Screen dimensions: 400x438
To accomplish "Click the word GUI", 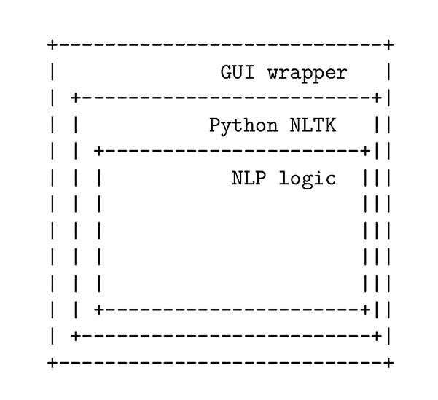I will point(238,73).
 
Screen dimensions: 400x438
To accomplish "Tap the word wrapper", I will point(307,73).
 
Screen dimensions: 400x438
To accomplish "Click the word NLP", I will point(249,178).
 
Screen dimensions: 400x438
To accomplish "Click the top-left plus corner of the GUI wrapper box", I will point(52,45).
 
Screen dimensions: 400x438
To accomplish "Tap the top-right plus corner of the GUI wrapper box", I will point(389,45).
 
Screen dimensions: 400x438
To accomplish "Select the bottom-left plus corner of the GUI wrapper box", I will point(52,362).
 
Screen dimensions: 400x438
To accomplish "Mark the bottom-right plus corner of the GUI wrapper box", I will point(389,362).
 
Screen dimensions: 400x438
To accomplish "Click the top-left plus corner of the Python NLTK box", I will point(75,98).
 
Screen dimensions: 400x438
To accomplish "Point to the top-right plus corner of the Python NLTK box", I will point(377,98).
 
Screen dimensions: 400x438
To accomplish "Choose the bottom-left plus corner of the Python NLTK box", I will point(75,336).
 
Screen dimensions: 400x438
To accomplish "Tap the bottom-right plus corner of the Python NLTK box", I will point(377,336).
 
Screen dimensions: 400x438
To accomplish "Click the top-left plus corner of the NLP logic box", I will point(98,151).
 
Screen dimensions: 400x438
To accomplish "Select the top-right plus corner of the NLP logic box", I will point(365,151).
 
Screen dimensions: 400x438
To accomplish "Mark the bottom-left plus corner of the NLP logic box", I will point(98,310).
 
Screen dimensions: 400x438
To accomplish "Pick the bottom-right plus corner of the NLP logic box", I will point(365,310).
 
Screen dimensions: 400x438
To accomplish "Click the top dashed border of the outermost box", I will point(219,45).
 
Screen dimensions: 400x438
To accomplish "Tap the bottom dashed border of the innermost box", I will point(232,310).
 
